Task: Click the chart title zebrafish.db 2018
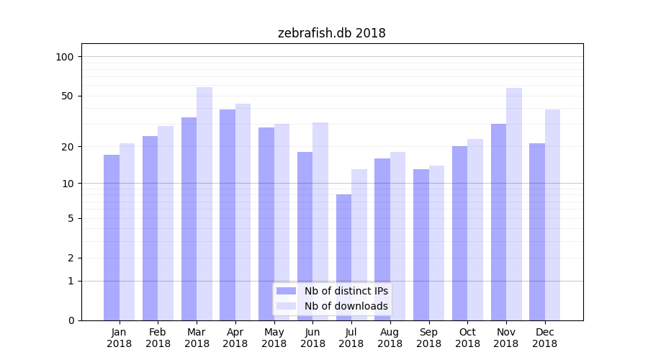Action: tap(331, 33)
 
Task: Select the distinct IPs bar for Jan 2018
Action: tap(112, 238)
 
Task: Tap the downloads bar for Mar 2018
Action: tap(204, 204)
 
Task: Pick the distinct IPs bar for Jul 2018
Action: tap(343, 257)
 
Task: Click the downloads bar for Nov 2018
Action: tap(514, 204)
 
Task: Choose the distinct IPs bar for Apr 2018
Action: tap(228, 215)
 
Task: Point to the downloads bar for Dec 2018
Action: tap(553, 215)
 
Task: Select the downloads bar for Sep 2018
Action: tap(436, 243)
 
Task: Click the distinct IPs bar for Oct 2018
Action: tap(460, 233)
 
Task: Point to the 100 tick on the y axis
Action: tap(65, 57)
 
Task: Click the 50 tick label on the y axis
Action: tap(68, 96)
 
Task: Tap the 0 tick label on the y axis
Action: tap(71, 320)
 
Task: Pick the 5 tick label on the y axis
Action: tap(71, 218)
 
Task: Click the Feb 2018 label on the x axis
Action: tap(158, 338)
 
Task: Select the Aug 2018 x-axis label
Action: tap(390, 338)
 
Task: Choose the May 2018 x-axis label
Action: tap(274, 338)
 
